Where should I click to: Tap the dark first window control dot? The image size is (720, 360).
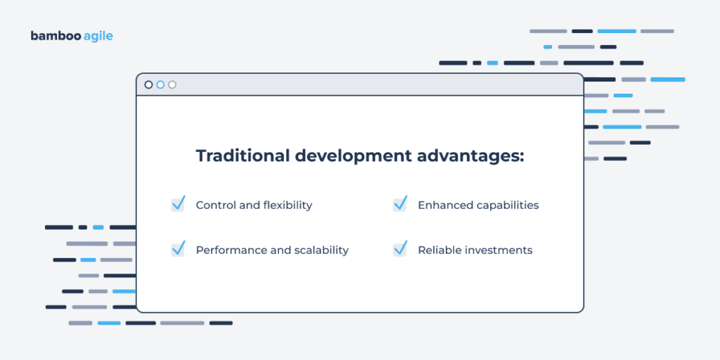[148, 84]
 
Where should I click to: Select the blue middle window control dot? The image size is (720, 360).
[160, 84]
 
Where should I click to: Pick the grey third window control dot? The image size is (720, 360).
[172, 84]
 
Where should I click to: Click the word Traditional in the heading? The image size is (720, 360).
[239, 155]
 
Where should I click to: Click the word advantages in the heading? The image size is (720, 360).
[474, 156]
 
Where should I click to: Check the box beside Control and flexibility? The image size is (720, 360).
[178, 205]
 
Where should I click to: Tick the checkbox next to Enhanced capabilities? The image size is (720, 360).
[399, 205]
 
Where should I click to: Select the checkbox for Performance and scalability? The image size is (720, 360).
[178, 250]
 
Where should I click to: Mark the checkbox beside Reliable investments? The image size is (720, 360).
[399, 250]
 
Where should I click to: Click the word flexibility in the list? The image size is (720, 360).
[288, 205]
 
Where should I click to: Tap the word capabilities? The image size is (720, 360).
[506, 205]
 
